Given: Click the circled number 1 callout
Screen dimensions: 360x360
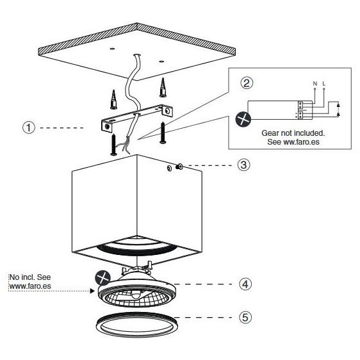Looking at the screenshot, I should click(x=28, y=127).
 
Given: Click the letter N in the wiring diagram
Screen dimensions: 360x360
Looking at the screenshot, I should click(x=315, y=84).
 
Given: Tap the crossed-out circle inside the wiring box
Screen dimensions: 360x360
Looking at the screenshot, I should click(x=242, y=119).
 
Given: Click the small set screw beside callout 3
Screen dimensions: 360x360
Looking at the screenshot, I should click(x=179, y=167).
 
